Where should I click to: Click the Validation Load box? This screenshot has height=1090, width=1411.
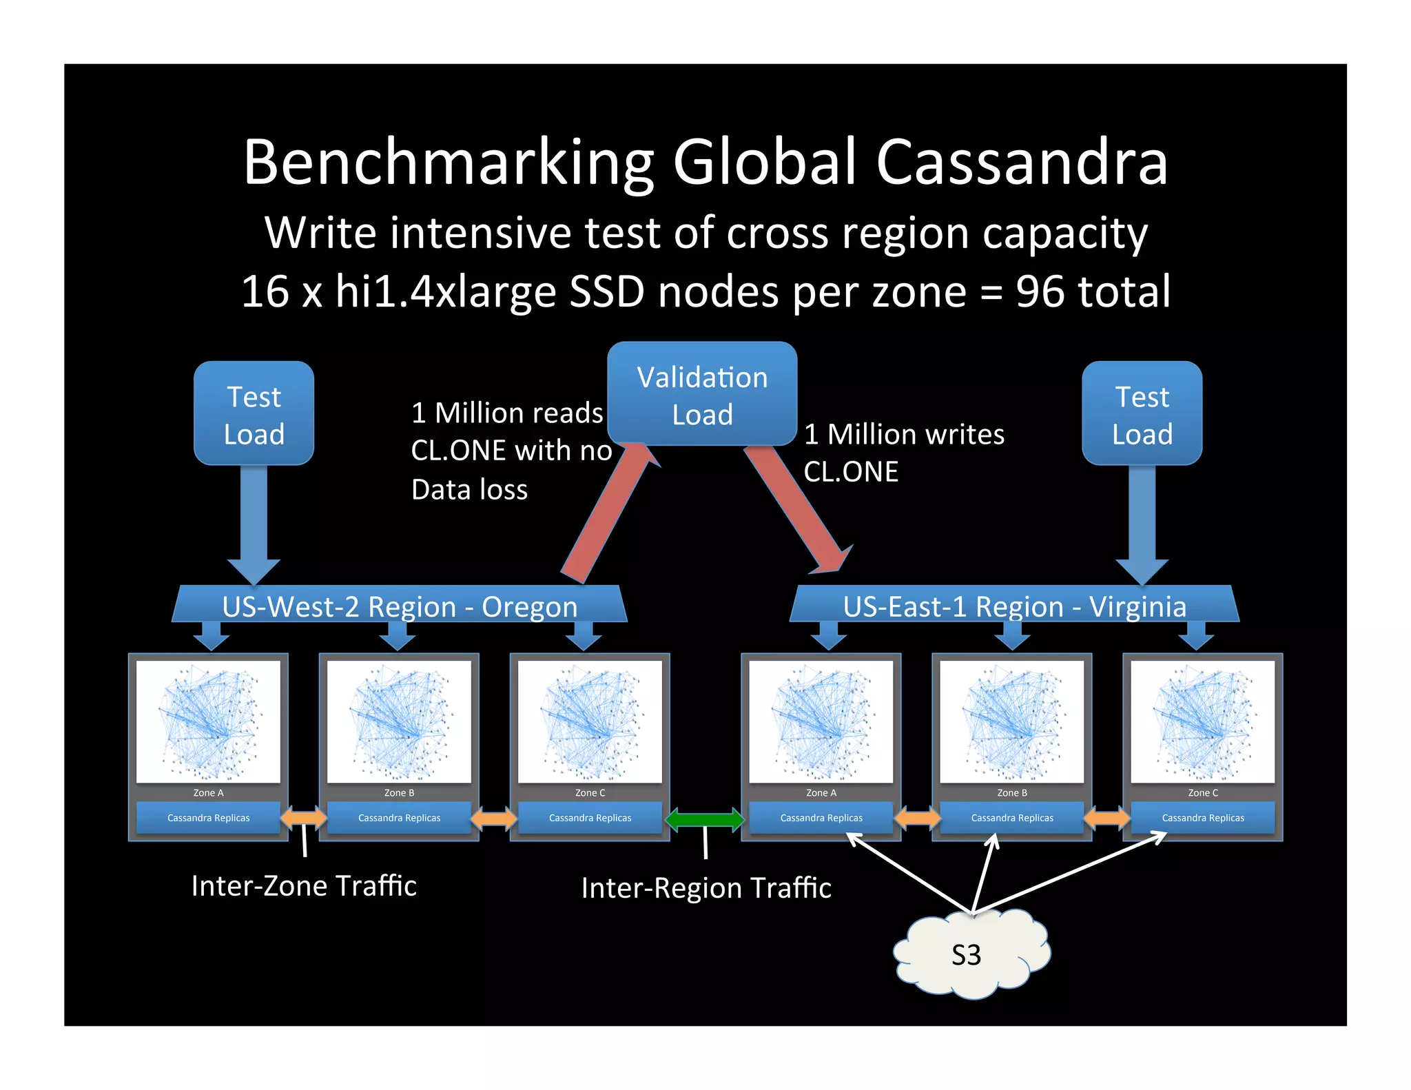point(702,394)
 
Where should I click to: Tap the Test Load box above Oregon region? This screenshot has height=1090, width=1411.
point(254,413)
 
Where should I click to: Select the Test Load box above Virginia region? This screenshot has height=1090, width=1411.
point(1142,413)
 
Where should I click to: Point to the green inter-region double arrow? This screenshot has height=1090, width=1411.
point(705,819)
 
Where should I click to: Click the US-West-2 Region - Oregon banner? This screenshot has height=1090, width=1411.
point(400,606)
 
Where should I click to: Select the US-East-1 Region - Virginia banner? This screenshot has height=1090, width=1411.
point(1014,606)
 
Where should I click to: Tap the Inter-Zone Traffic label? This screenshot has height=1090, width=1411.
point(304,885)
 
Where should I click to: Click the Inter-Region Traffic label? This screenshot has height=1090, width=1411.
point(706,887)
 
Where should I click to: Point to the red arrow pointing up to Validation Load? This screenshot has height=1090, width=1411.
point(606,513)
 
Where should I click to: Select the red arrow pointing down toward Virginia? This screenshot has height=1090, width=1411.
point(799,510)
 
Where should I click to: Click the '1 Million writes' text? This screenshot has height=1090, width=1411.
point(904,434)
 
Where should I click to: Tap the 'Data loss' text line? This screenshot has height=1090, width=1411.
point(469,489)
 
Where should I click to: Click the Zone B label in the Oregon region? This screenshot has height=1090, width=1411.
point(399,792)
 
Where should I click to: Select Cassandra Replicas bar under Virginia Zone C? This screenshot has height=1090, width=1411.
point(1202,818)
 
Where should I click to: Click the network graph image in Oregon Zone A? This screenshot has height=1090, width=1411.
point(208,721)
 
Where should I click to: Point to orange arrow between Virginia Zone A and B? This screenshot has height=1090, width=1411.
point(916,818)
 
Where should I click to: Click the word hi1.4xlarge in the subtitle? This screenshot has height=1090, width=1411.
point(445,291)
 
